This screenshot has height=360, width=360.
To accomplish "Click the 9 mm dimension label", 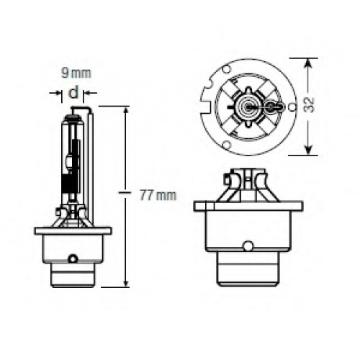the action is pos(76,73).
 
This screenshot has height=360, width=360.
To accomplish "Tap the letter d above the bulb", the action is pos(73,92).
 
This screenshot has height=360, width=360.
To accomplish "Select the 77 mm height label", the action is pos(158,195).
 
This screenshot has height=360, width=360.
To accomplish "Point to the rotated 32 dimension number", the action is pos(309,105).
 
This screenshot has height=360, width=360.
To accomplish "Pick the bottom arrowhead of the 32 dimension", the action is pos(309,149).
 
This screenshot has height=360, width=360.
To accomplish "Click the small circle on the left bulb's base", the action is pos(73,258).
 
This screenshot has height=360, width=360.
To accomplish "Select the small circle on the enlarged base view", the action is pos(248,246).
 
